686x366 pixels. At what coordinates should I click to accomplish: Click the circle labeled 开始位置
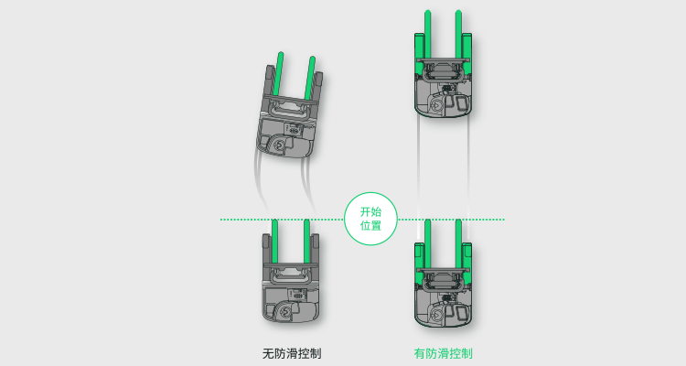pyautogui.click(x=370, y=219)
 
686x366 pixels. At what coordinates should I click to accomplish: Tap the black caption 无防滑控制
pyautogui.click(x=292, y=353)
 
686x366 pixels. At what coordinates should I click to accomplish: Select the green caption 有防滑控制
pyautogui.click(x=444, y=353)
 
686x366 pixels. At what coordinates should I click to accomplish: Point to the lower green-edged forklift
pyautogui.click(x=444, y=274)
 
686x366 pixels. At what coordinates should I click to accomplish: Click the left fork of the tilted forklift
pyautogui.click(x=278, y=74)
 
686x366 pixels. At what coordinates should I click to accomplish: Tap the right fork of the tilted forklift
pyautogui.click(x=310, y=78)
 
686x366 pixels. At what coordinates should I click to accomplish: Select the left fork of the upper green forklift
pyautogui.click(x=427, y=34)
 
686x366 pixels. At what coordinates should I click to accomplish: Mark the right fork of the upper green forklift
pyautogui.click(x=458, y=34)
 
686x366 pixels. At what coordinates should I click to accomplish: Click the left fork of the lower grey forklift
pyautogui.click(x=274, y=242)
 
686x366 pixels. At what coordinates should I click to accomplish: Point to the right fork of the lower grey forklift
pyautogui.click(x=306, y=242)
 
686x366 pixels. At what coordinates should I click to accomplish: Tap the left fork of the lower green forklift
pyautogui.click(x=427, y=243)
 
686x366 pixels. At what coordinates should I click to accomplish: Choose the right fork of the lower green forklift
pyautogui.click(x=458, y=243)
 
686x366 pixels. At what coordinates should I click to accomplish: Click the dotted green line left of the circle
pyautogui.click(x=283, y=220)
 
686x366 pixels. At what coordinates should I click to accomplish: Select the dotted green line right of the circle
pyautogui.click(x=451, y=220)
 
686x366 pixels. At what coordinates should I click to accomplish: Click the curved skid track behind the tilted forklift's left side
pyautogui.click(x=260, y=179)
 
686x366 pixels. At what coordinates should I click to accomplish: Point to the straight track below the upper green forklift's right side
pyautogui.click(x=468, y=167)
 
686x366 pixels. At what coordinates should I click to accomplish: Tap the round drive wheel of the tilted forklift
pyautogui.click(x=279, y=145)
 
